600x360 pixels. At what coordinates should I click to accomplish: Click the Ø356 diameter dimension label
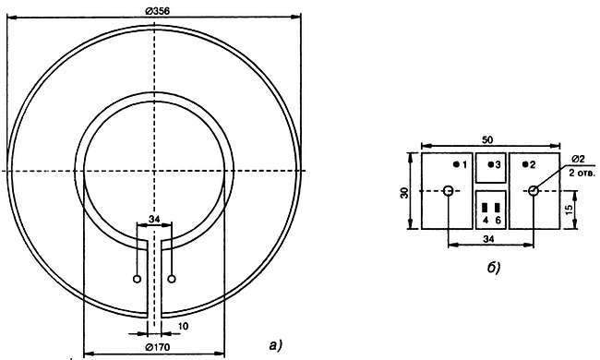click(x=157, y=11)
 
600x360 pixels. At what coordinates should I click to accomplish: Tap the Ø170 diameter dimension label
click(x=158, y=347)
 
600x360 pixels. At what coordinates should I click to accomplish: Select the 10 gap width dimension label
click(x=184, y=327)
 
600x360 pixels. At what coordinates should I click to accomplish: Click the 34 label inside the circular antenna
click(x=154, y=219)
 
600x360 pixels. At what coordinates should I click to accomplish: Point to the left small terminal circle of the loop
click(x=137, y=279)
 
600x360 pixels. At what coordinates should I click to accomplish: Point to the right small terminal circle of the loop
click(x=172, y=279)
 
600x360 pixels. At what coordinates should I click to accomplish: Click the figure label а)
click(x=275, y=345)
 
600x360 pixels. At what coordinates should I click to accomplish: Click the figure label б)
click(x=494, y=269)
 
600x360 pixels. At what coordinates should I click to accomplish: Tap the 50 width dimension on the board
click(x=487, y=140)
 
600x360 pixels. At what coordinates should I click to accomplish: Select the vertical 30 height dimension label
click(x=404, y=193)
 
